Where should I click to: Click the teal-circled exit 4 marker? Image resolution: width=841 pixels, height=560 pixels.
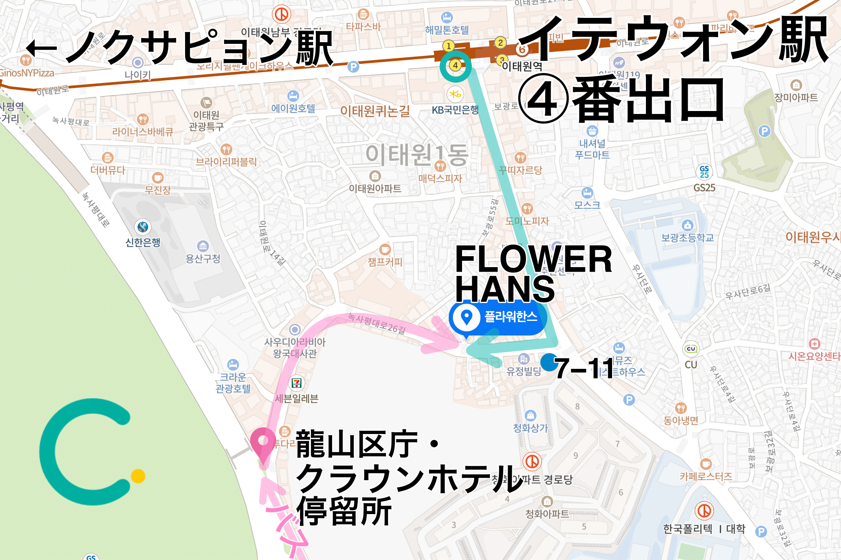455,66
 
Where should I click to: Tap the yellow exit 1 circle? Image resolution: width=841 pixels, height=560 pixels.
448,46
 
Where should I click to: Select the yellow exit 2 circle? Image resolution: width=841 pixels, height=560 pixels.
500,43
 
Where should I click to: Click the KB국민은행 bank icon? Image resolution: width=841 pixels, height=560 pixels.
455,94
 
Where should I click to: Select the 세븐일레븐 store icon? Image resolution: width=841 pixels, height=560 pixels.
297,383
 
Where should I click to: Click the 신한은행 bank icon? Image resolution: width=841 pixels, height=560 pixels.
143,227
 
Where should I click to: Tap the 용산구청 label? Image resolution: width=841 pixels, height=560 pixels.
203,259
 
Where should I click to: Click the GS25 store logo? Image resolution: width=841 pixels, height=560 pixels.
704,172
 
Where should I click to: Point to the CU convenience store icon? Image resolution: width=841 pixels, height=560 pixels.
691,349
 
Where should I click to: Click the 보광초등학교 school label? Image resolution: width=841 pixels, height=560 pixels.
687,238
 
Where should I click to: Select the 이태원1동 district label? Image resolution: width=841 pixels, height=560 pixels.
417,155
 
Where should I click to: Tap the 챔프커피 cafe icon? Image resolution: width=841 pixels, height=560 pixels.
385,250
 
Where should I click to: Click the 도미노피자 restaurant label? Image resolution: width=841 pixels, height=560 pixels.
527,221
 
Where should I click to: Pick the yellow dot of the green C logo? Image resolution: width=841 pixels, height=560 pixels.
138,476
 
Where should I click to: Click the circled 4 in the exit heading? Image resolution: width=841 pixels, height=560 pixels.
544,100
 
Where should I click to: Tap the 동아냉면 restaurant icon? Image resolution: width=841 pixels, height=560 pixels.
681,408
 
